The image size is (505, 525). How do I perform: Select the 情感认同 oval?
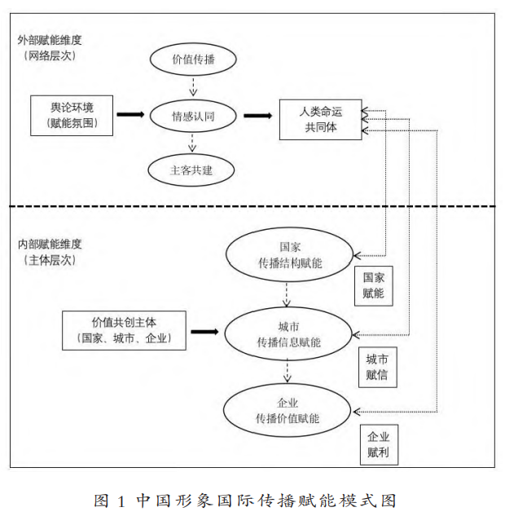pyautogui.click(x=193, y=116)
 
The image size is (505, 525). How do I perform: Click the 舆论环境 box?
pyautogui.click(x=71, y=115)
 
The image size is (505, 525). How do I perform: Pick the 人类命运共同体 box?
pyautogui.click(x=319, y=119)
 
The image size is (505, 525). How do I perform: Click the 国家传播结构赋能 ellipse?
pyautogui.click(x=288, y=254)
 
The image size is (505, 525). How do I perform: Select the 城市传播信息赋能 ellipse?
pyautogui.click(x=288, y=333)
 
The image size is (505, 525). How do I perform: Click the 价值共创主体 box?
pyautogui.click(x=124, y=329)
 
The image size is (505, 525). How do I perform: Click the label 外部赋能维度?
pyautogui.click(x=49, y=39)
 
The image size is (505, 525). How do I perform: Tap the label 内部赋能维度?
pyautogui.click(x=49, y=244)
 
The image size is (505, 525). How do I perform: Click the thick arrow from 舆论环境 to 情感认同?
pyautogui.click(x=130, y=115)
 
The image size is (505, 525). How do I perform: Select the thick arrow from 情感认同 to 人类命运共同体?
pyautogui.click(x=257, y=115)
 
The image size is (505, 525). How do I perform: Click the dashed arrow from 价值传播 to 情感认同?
pyautogui.click(x=193, y=86)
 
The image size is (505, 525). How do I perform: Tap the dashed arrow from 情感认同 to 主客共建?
pyautogui.click(x=193, y=143)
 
